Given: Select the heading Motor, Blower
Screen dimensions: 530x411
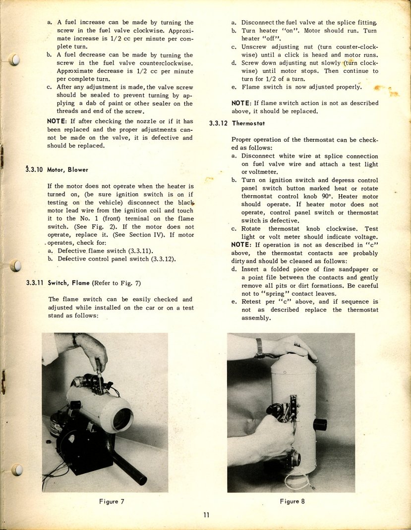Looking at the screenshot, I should [x=67, y=169].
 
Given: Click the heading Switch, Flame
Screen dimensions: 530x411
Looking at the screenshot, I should [x=69, y=283].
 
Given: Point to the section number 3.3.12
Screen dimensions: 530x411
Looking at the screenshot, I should [x=219, y=123].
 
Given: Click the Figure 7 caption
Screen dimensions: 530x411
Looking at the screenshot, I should [x=112, y=501].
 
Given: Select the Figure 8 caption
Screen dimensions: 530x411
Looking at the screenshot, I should [x=292, y=501].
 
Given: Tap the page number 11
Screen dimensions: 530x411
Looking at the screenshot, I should [x=206, y=515].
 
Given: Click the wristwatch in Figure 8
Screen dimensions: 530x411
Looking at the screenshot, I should [x=259, y=348].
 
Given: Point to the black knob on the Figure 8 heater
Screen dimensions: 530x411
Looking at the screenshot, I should [x=320, y=424].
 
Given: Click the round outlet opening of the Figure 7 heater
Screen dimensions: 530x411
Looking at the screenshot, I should [x=122, y=419].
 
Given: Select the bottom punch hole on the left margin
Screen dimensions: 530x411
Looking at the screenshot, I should [x=17, y=469].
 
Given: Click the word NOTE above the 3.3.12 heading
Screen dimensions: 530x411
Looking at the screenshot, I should [x=241, y=103].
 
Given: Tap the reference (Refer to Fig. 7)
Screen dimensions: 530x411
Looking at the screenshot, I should [x=117, y=283].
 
